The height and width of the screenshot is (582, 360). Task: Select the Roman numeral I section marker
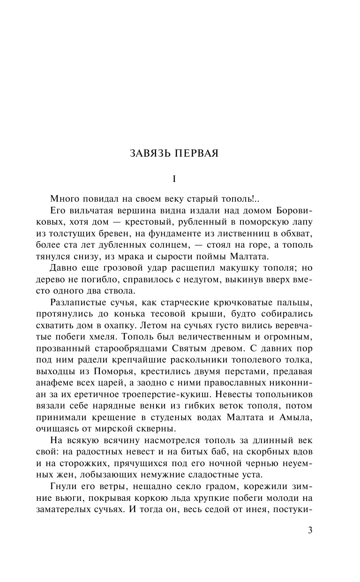pyautogui.click(x=174, y=179)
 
